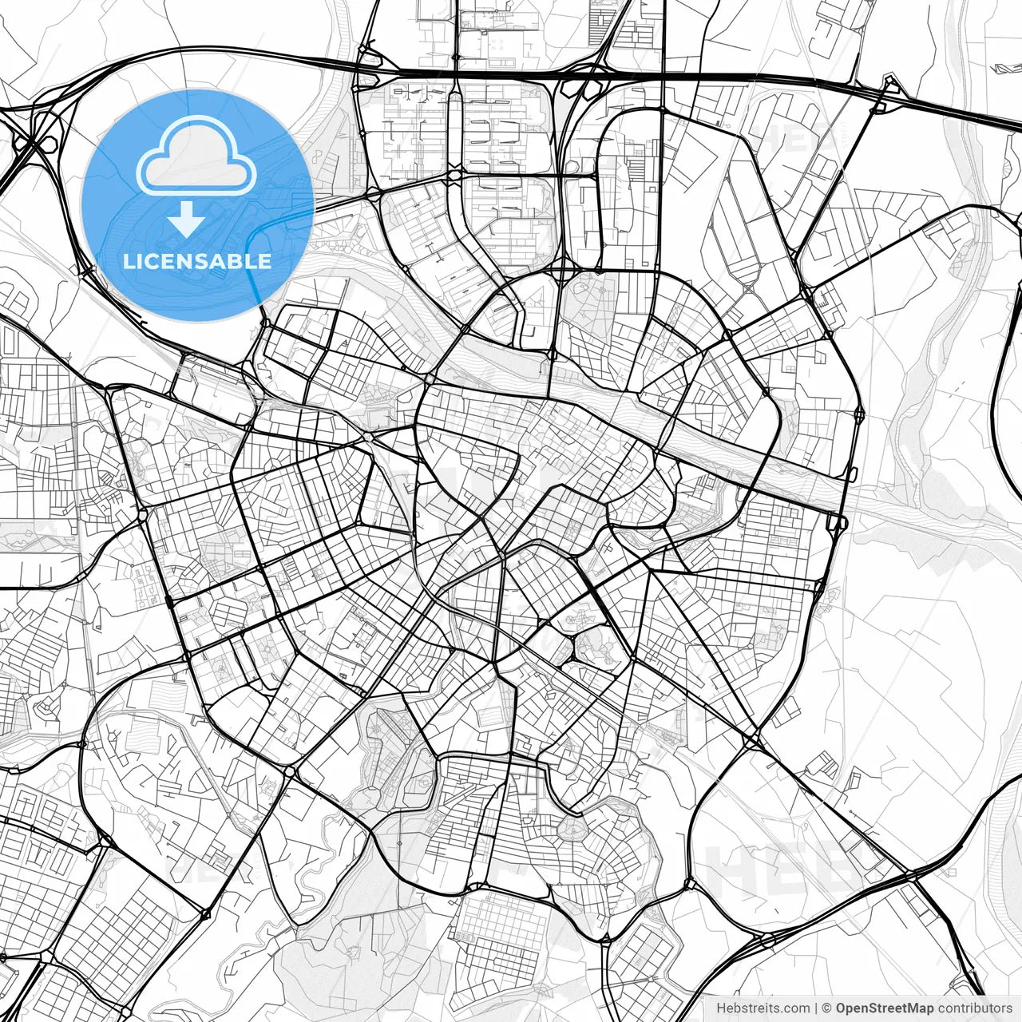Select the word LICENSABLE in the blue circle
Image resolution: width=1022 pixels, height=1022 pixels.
tap(197, 261)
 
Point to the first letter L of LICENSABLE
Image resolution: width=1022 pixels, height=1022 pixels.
tap(128, 261)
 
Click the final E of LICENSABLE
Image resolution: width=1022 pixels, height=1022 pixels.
tap(265, 261)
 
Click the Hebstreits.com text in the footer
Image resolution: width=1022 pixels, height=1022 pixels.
tap(763, 1008)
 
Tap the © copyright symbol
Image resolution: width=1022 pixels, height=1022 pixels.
tap(827, 1008)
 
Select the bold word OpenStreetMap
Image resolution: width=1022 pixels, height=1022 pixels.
tap(884, 1008)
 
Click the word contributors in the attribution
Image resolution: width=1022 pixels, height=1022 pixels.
tap(974, 1008)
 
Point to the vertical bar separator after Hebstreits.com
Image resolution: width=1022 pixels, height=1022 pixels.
tap(816, 1008)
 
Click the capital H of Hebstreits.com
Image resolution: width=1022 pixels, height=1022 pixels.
tap(721, 1008)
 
